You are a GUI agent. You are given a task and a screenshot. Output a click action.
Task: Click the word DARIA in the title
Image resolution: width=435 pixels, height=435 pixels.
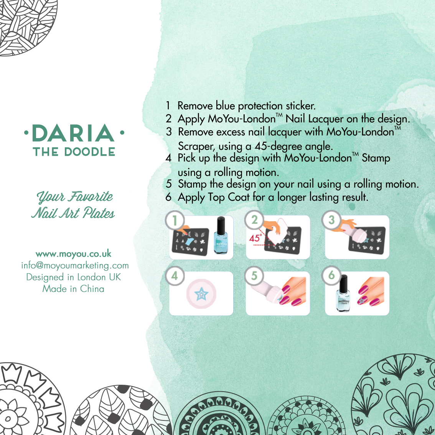(x=73, y=133)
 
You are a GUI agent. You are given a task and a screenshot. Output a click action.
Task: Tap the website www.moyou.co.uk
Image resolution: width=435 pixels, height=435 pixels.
(x=74, y=254)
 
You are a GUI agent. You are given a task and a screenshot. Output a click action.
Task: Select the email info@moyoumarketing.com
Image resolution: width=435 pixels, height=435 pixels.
(x=75, y=265)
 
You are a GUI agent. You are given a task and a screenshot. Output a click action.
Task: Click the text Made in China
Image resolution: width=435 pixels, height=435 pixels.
(x=73, y=289)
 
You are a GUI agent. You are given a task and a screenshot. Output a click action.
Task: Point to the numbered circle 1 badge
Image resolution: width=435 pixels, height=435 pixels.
(x=175, y=221)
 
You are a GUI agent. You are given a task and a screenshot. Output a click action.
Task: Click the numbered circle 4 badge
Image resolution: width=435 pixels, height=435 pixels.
(x=175, y=276)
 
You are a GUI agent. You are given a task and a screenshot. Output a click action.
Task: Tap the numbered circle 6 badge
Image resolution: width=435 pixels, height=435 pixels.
(x=331, y=275)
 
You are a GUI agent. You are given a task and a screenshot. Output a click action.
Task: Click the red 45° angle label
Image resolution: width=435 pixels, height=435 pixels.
(x=255, y=238)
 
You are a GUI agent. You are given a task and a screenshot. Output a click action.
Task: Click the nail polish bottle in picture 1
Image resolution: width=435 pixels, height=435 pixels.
(x=221, y=235)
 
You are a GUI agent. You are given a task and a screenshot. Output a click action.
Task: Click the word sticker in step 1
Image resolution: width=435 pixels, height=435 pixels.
(x=301, y=106)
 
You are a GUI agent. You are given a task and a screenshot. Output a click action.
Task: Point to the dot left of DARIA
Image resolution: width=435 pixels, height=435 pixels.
(x=26, y=133)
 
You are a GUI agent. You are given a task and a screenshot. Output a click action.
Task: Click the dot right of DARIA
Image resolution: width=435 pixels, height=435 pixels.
(x=122, y=133)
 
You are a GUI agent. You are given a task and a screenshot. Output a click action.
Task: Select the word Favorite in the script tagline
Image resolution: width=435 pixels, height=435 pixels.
(x=91, y=196)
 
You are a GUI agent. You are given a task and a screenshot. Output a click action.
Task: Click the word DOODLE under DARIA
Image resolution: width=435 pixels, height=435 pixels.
(x=90, y=152)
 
